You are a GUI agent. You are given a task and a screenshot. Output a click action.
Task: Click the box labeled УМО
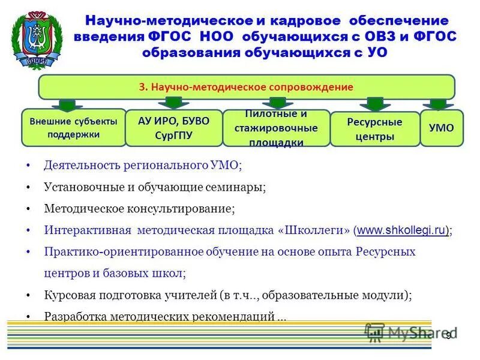[x=442, y=128]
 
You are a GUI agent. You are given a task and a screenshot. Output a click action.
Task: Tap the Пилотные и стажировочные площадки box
[x=277, y=128]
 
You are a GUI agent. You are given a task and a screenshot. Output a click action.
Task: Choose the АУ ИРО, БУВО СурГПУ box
[x=173, y=128]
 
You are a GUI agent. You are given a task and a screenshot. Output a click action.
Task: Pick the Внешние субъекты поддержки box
[x=74, y=128]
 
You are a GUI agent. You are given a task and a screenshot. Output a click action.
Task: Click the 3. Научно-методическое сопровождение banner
[x=246, y=87]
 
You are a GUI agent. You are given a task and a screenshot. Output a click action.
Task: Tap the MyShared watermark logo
[x=411, y=332]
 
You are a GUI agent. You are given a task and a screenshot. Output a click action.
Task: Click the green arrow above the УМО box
[x=442, y=104]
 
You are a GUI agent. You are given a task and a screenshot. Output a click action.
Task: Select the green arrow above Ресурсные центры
[x=374, y=104]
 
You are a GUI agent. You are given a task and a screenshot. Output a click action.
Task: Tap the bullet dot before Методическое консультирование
[x=29, y=209]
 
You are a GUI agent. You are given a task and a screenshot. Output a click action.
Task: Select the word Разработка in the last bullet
[x=70, y=316]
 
